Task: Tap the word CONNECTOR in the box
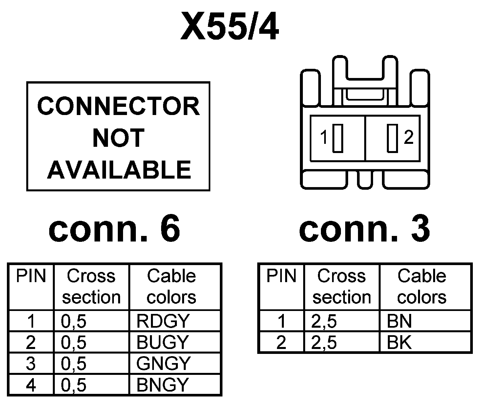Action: point(118,106)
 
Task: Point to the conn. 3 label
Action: point(364,228)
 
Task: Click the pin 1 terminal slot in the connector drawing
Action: point(338,138)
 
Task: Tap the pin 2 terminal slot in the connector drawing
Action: point(392,138)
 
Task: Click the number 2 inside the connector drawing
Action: point(409,138)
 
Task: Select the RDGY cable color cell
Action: point(163,321)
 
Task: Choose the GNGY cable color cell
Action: point(163,363)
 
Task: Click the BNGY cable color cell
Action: point(162,385)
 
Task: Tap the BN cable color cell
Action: point(399,321)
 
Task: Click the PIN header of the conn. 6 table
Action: point(31,276)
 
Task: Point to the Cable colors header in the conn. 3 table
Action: point(422,286)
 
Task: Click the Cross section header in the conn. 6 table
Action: point(91,286)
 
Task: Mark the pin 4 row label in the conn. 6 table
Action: point(31,385)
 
